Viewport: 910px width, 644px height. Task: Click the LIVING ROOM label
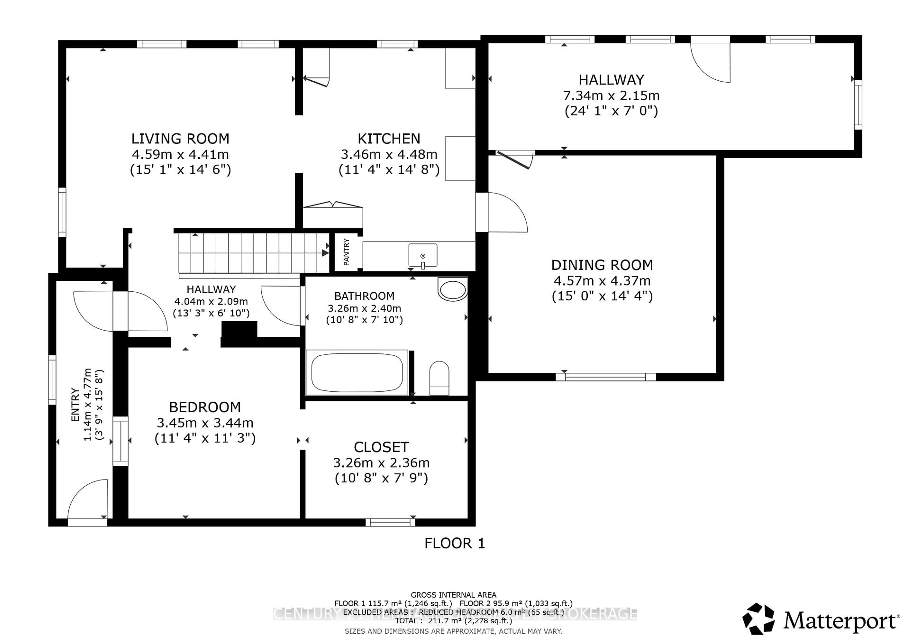[180, 139]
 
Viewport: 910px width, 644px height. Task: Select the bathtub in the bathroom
[357, 372]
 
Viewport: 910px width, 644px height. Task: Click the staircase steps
[254, 252]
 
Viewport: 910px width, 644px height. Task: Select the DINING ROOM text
[602, 265]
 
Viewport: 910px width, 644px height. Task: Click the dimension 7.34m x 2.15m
[611, 96]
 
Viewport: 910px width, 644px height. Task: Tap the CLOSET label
[381, 447]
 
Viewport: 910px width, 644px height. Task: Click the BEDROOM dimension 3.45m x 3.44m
[205, 423]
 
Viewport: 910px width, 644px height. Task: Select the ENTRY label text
[75, 405]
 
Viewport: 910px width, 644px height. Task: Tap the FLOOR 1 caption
[455, 543]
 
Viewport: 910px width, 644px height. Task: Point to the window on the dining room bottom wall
[606, 377]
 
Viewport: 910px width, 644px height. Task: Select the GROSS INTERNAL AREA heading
[453, 595]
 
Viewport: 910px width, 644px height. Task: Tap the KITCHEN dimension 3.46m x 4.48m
[389, 154]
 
